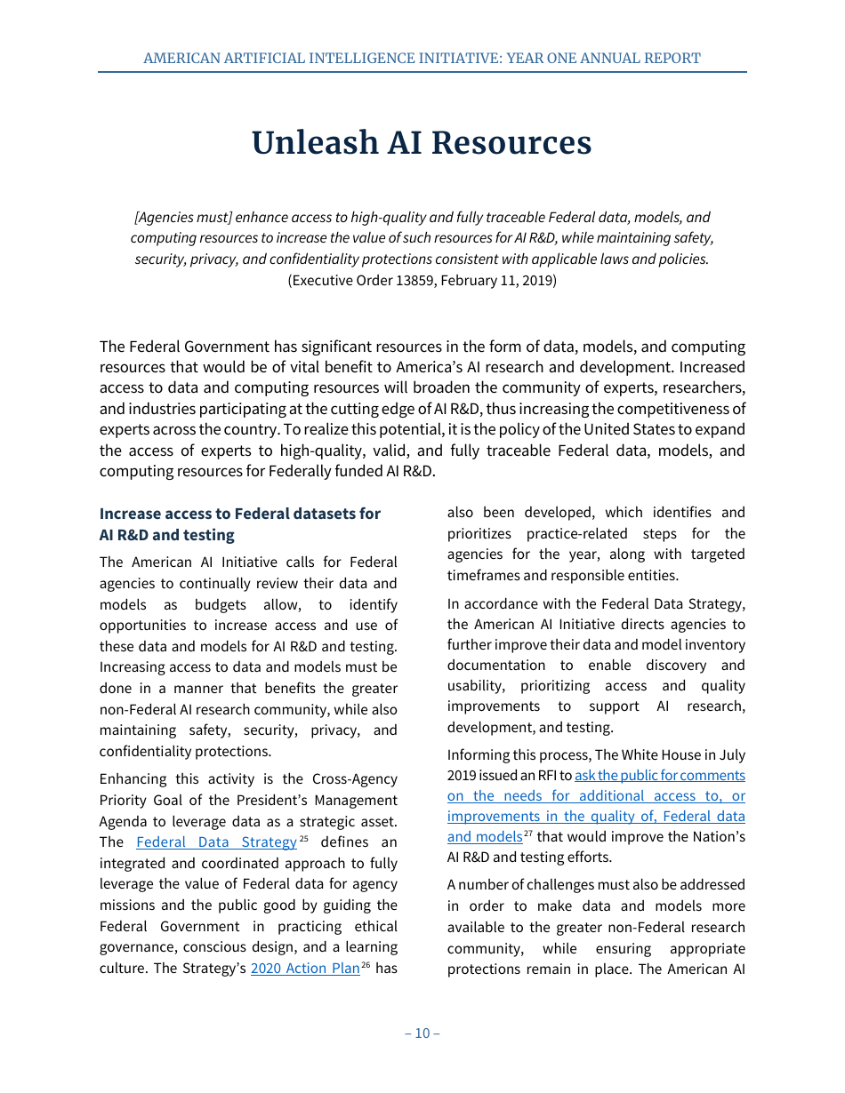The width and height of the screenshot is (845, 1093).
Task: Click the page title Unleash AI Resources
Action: (x=422, y=143)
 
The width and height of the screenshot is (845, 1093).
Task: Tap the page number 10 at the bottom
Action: (x=422, y=1033)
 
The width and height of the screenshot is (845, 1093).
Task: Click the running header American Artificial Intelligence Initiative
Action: (x=422, y=59)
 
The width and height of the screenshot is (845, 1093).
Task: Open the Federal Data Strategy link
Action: (x=216, y=842)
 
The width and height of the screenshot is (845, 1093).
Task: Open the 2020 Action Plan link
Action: (x=305, y=969)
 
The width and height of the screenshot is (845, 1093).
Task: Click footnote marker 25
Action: (x=303, y=839)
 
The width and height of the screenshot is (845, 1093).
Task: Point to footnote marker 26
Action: (x=366, y=965)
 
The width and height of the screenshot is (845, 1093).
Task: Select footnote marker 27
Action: (x=528, y=834)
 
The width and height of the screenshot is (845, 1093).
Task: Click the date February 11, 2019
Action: (x=503, y=280)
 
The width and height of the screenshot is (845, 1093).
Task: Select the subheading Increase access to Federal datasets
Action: (x=239, y=514)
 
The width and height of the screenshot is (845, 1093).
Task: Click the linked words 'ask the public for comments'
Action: (x=660, y=775)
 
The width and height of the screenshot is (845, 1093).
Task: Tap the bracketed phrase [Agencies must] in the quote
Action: (x=181, y=218)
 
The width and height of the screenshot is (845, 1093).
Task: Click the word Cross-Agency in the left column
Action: (x=354, y=779)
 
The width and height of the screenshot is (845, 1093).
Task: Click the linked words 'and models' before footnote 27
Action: (x=484, y=837)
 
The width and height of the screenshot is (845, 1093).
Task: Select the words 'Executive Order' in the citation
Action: (x=335, y=280)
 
